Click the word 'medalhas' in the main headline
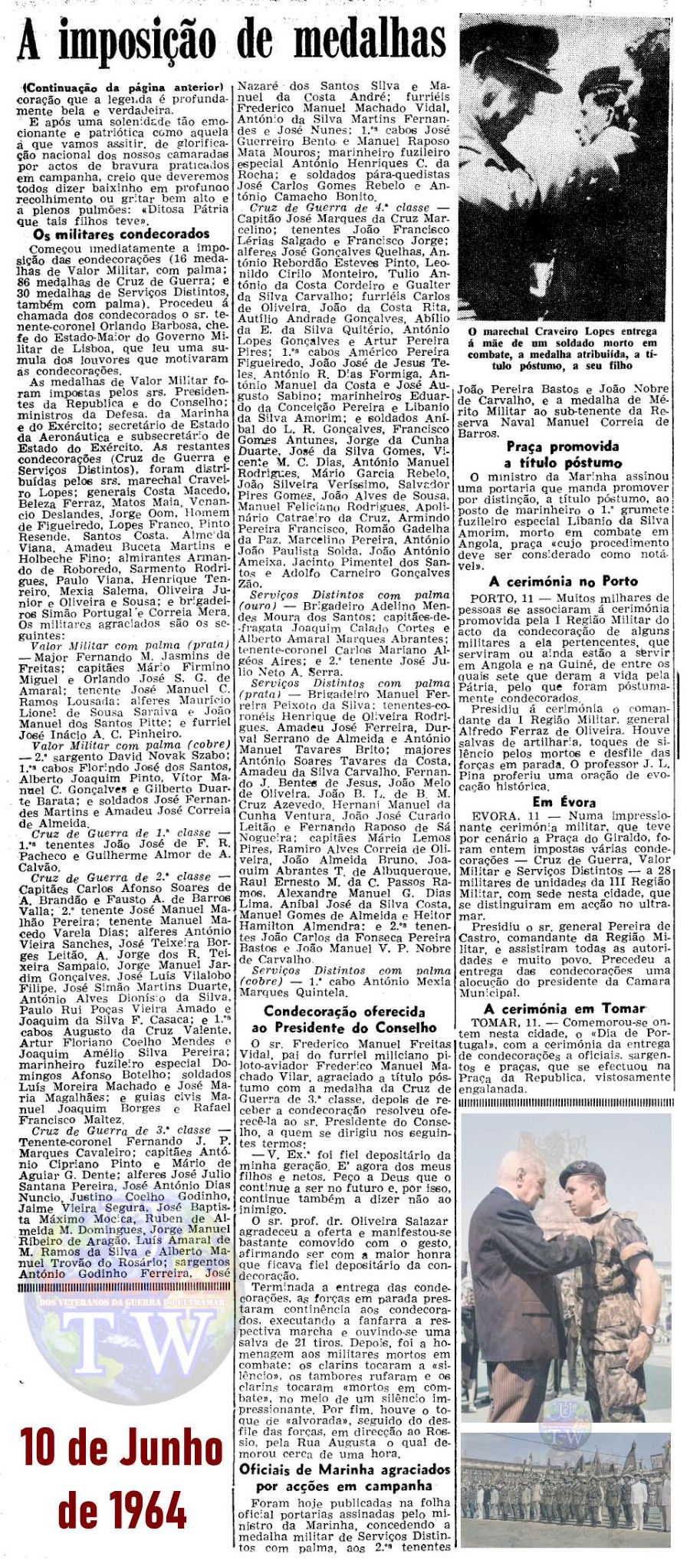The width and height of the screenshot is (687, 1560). pyautogui.click(x=371, y=38)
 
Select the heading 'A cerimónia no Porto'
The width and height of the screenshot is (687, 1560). pyautogui.click(x=564, y=581)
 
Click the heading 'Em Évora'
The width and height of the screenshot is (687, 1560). pyautogui.click(x=564, y=802)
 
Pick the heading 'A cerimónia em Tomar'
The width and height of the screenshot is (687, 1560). pyautogui.click(x=564, y=1009)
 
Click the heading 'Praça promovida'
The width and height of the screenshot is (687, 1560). pyautogui.click(x=563, y=446)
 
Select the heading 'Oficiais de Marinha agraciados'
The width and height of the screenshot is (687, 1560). pyautogui.click(x=344, y=1469)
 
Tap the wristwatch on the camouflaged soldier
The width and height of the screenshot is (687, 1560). pyautogui.click(x=648, y=1331)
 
